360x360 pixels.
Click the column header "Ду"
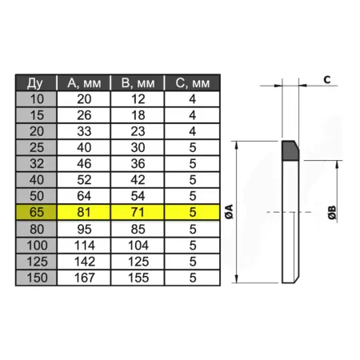coord(35,83)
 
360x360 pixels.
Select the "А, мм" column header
coord(84,83)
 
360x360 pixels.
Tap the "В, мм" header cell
coord(138,83)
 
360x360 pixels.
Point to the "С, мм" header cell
coord(193,83)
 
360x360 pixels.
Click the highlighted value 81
coord(84,212)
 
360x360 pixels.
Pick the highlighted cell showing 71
coord(138,212)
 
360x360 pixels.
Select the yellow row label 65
coord(37,212)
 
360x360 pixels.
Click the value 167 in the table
coord(85,278)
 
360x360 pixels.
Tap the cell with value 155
coord(138,278)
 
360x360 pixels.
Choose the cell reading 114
coord(85,246)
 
